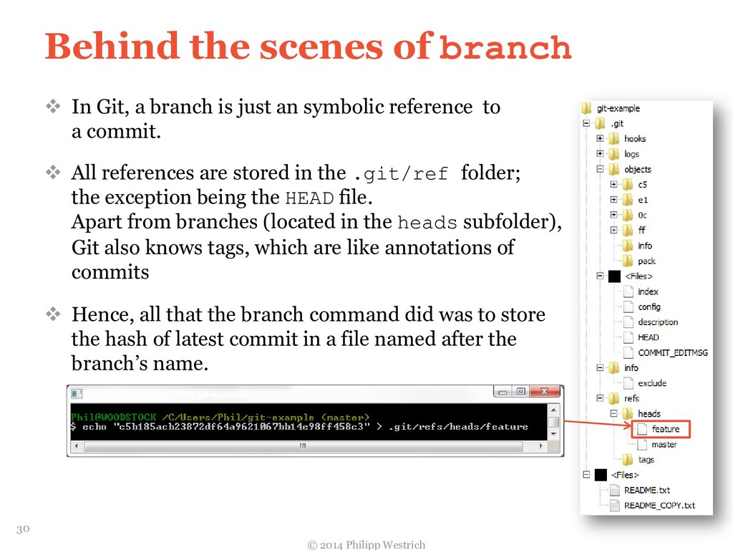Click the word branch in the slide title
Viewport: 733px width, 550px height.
[505, 48]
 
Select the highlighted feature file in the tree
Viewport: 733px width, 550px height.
[665, 429]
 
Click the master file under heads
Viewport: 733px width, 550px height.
[664, 444]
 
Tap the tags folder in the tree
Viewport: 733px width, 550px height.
[646, 460]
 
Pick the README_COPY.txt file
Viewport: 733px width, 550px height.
[659, 505]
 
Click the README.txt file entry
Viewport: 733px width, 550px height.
[646, 490]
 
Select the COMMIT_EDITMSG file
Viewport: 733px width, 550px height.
[672, 352]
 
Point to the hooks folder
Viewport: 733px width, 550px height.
[634, 139]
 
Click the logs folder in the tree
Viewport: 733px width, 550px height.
[631, 154]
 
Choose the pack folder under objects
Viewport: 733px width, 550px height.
[646, 261]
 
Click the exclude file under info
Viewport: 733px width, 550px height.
[651, 383]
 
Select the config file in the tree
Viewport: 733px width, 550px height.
[649, 307]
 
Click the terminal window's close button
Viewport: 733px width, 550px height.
[547, 392]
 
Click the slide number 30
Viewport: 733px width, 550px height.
[23, 529]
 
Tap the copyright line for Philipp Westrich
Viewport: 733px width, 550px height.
[366, 544]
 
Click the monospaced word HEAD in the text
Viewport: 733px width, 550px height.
[309, 198]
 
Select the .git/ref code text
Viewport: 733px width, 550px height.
[402, 174]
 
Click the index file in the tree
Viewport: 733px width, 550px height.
[648, 291]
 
